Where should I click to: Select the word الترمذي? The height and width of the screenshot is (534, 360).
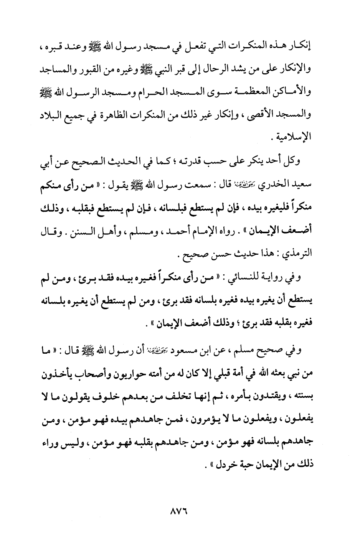(x=297, y=254)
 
